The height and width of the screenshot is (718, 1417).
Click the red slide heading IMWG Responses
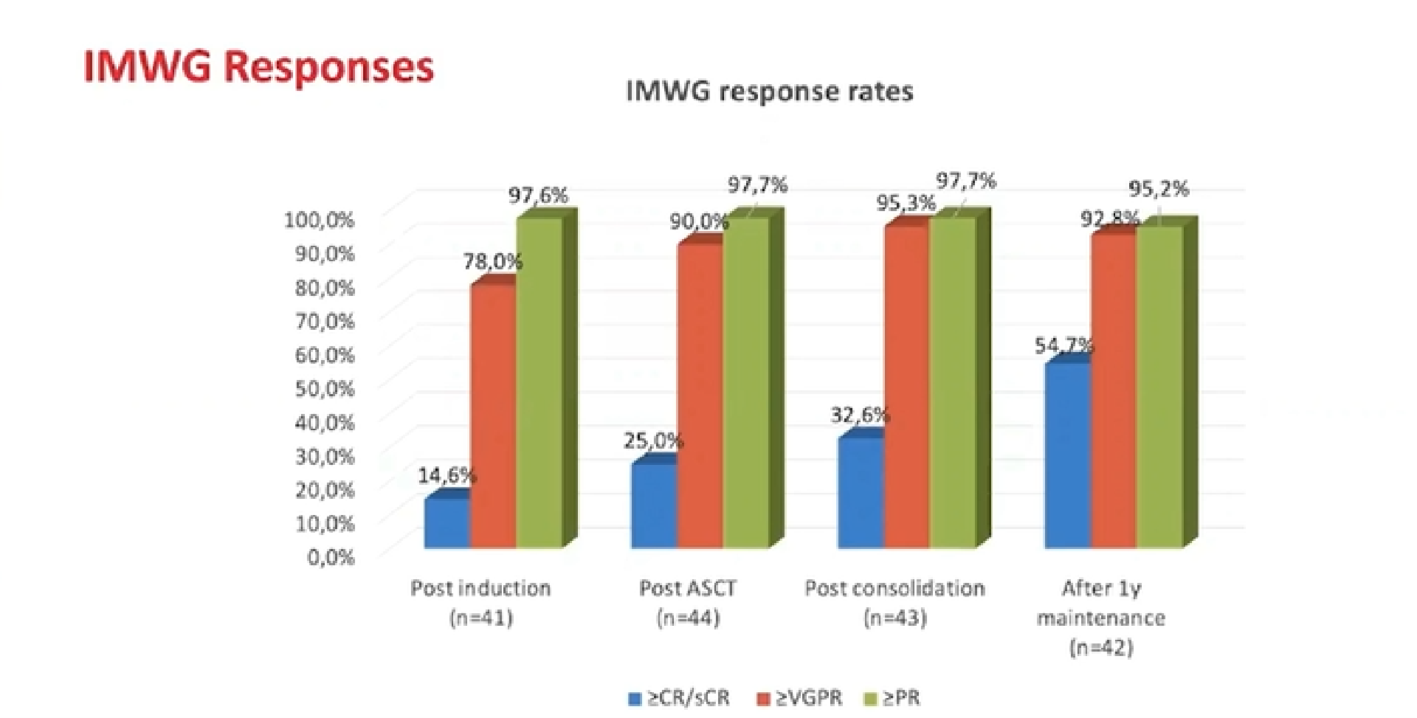[258, 67]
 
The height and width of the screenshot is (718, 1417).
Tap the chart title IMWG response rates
[770, 92]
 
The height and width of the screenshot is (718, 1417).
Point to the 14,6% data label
[447, 476]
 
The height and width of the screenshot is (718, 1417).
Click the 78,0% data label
[493, 261]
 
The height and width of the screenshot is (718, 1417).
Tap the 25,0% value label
[653, 441]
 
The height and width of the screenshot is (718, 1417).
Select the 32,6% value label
[861, 415]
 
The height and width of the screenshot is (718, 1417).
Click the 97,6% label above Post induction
[538, 196]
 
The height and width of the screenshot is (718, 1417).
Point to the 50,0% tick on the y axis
[325, 388]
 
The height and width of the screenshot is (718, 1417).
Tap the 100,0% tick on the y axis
[319, 220]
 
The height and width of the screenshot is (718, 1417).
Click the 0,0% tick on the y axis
[331, 557]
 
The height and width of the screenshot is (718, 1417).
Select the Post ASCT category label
[688, 588]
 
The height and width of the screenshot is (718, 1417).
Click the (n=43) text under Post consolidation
[894, 618]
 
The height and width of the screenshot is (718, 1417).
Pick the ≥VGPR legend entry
[800, 698]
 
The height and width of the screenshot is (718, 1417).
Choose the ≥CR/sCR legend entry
[679, 698]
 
